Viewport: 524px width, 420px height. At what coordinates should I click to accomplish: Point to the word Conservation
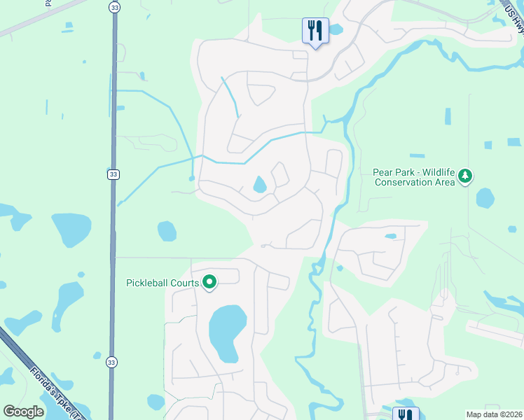click(405, 182)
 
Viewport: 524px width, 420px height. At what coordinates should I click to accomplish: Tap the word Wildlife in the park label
click(437, 171)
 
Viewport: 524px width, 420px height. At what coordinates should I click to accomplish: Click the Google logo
click(24, 412)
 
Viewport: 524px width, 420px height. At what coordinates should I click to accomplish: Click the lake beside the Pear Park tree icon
click(485, 198)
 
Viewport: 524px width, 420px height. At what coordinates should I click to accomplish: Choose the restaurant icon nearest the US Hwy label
click(315, 31)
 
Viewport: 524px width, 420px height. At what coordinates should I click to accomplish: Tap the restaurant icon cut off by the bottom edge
click(405, 414)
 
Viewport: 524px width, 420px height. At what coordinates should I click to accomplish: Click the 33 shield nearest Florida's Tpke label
click(111, 362)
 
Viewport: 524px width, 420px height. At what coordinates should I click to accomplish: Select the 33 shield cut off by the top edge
click(113, 6)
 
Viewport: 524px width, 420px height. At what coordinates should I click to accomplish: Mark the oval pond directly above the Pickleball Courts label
click(167, 230)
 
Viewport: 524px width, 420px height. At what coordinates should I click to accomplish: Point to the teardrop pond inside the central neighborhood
click(260, 185)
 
